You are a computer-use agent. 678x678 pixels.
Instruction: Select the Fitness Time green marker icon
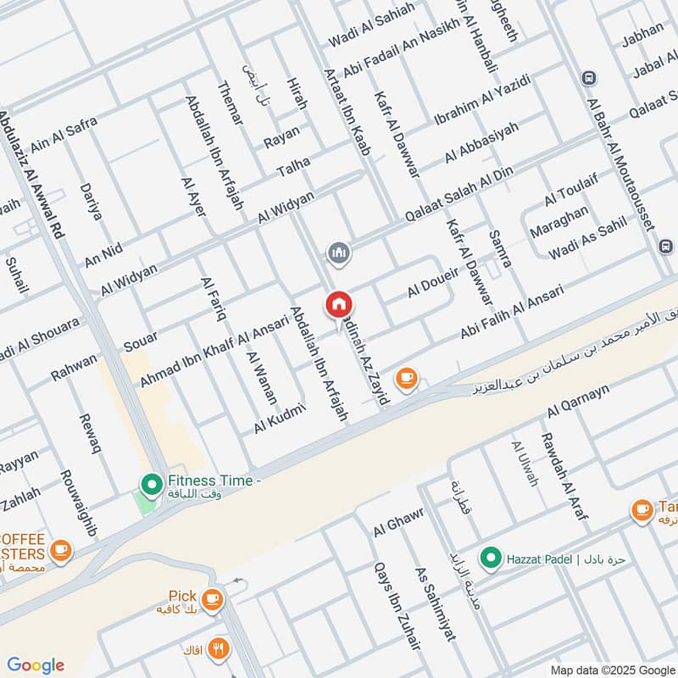coord(152,484)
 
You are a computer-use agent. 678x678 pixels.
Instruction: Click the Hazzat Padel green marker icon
coord(490,559)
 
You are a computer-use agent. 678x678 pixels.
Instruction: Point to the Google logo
coord(36,665)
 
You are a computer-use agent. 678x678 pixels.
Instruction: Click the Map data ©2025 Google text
coord(620,666)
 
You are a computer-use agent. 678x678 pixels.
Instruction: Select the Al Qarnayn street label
coord(579,400)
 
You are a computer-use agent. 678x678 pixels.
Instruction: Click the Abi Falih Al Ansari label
coord(512,314)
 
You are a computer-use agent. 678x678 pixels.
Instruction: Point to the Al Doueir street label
coord(432,280)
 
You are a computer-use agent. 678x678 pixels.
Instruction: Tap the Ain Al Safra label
coord(64,135)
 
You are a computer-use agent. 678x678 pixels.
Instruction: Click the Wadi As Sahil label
coord(587,238)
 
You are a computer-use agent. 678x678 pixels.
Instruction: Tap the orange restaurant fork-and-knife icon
coord(220,649)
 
